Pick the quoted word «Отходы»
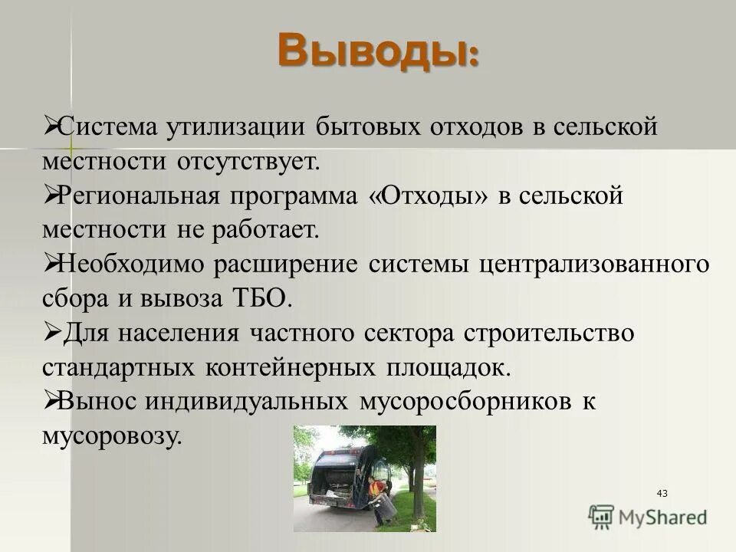[x=427, y=195]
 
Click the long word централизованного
[x=594, y=264]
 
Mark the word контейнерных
[x=291, y=367]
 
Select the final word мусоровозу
[x=113, y=436]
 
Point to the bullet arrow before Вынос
[x=51, y=400]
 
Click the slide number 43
[x=662, y=493]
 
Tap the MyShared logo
[x=648, y=517]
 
